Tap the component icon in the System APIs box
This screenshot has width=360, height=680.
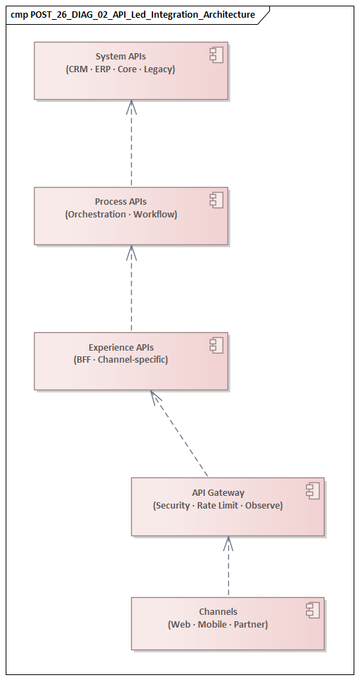[216, 55]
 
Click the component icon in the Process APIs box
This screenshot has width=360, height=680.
[216, 200]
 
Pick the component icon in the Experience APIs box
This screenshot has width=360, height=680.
[216, 346]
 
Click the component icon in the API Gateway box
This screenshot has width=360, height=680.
[313, 491]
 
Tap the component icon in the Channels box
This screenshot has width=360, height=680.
[313, 610]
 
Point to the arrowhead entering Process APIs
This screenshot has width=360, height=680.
[131, 252]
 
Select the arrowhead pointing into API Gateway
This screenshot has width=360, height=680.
[228, 543]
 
